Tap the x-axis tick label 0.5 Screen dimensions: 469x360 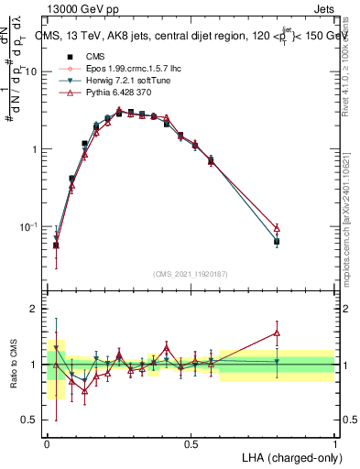coord(191,442)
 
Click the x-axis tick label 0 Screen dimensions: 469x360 coord(47,442)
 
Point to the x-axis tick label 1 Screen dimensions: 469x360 coord(334,442)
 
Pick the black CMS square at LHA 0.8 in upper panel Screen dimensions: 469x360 coord(277,241)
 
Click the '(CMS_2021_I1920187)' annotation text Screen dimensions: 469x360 coord(190,273)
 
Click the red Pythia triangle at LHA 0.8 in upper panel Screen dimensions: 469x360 coord(277,227)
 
